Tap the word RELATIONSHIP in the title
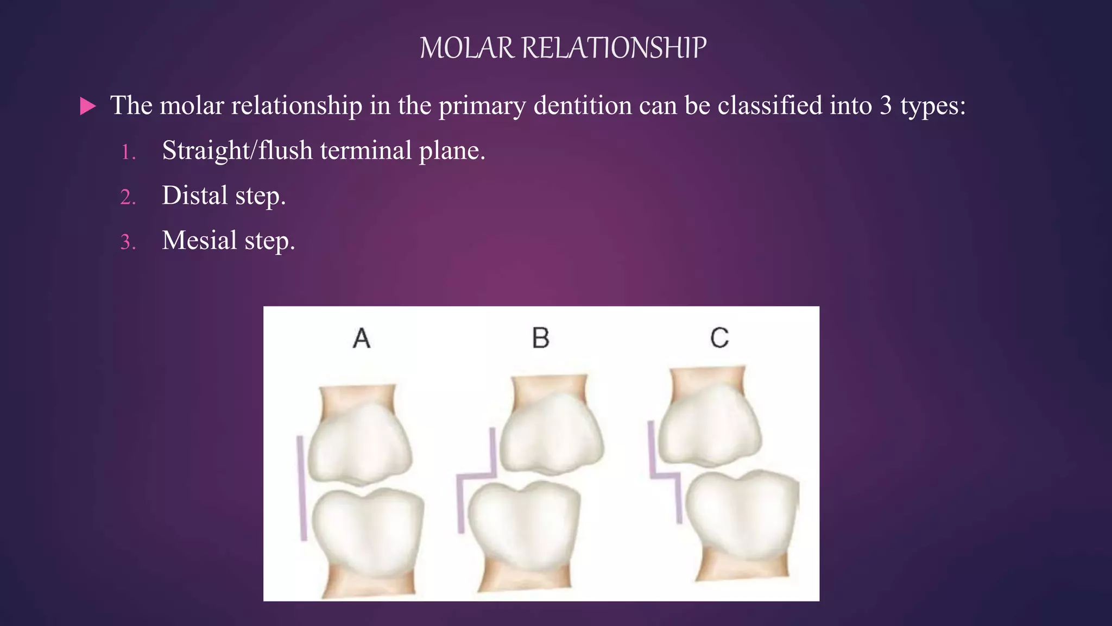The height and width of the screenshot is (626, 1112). pos(614,48)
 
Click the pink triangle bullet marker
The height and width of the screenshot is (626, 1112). pos(87,106)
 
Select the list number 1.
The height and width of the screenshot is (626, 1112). pos(128,152)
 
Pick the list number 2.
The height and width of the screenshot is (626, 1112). pos(128,197)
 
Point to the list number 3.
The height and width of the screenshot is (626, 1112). pos(128,242)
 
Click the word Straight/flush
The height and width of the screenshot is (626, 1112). pos(237,151)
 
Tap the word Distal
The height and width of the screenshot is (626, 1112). pos(194,195)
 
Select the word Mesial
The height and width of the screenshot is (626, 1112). pos(199,240)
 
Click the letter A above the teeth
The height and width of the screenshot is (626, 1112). pos(362,338)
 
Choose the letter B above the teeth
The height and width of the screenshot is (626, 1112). pos(541,338)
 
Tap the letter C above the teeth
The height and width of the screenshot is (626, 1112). pos(719,338)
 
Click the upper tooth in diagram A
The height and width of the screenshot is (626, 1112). pos(360,446)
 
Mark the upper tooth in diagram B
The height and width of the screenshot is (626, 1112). pos(550,435)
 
